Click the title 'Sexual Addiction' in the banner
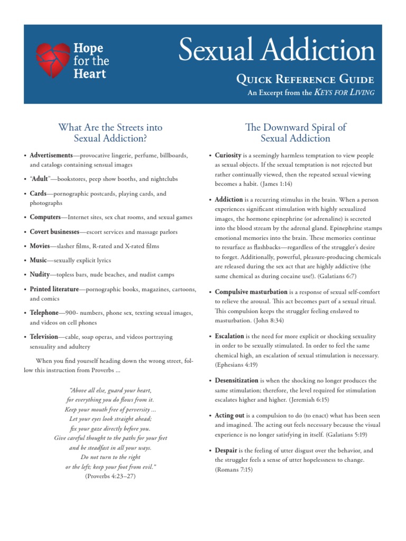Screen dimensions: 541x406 (276, 51)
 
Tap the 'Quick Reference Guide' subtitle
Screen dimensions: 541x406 (305, 80)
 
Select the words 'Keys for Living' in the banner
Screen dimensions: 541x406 (344, 92)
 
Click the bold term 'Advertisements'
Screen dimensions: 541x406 (51, 155)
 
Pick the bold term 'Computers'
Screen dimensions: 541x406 (45, 217)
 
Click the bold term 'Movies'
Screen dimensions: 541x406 (40, 246)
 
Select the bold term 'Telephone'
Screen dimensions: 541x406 (44, 313)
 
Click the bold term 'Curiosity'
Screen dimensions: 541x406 (228, 155)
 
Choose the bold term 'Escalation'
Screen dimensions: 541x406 (229, 335)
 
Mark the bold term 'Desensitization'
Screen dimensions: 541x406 (236, 380)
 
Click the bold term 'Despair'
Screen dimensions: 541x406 (226, 450)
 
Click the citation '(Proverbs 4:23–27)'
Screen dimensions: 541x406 (110, 476)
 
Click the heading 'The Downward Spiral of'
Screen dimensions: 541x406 (296, 127)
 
